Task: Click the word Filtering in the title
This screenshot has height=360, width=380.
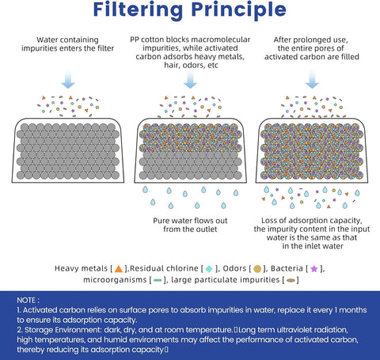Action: [138, 10]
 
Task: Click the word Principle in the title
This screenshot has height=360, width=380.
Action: [239, 10]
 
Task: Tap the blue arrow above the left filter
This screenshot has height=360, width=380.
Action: [68, 79]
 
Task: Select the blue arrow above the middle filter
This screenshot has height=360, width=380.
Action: [190, 79]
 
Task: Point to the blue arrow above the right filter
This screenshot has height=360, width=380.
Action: [312, 79]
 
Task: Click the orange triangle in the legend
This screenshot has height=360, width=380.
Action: [119, 269]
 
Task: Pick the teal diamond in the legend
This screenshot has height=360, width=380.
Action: [209, 269]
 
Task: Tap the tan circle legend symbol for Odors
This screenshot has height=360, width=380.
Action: [257, 269]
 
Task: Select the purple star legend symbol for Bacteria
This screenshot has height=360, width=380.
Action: [314, 269]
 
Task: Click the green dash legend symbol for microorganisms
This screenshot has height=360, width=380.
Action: [158, 280]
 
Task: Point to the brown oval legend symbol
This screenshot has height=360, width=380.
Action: [291, 280]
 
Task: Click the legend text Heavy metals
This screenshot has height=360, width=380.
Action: [81, 268]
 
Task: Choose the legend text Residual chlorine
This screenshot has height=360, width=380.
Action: [164, 268]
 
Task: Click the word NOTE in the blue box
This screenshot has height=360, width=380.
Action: [26, 301]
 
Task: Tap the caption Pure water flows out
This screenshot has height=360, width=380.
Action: [190, 221]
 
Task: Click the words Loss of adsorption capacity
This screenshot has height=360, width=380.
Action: [312, 221]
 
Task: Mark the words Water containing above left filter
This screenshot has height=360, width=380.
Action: [67, 40]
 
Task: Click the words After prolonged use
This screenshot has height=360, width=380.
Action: [310, 40]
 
